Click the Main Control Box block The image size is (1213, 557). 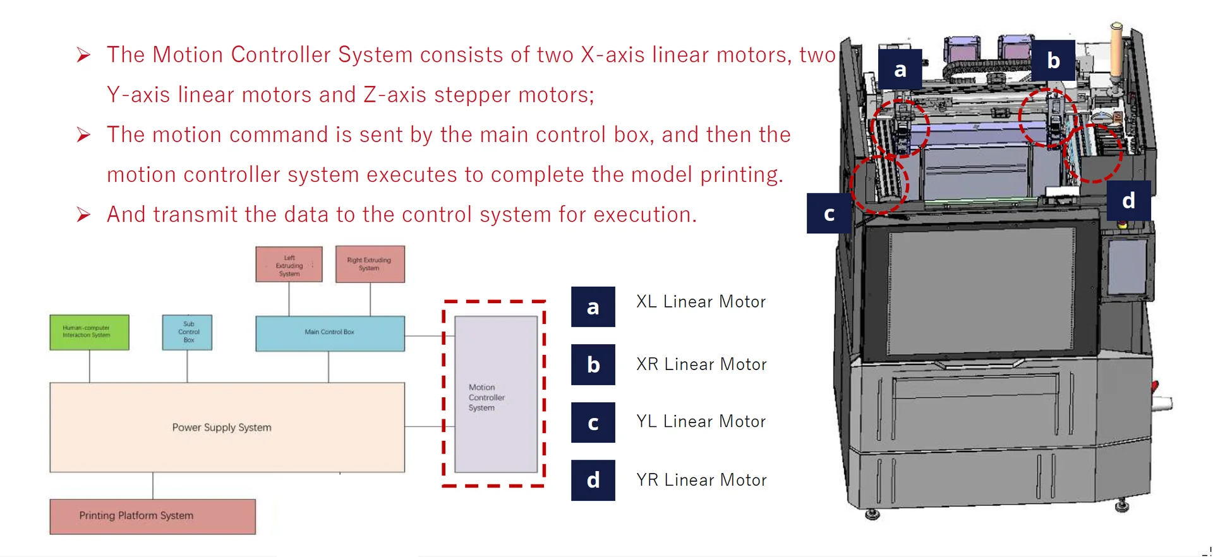point(330,333)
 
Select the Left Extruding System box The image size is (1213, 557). point(289,265)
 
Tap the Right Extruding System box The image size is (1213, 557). point(370,264)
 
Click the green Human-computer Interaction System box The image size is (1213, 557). point(89,332)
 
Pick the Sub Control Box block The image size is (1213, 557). point(187,332)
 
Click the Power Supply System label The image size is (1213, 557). point(222,428)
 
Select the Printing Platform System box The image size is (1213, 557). point(152,516)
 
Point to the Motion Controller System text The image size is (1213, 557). point(486,397)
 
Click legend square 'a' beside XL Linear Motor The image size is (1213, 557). point(593,307)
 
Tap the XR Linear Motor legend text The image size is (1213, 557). point(701,364)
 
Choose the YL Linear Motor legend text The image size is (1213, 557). point(701,422)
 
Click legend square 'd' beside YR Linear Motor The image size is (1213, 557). point(593,481)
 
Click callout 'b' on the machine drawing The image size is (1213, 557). point(1053,61)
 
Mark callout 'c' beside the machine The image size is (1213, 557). point(828,213)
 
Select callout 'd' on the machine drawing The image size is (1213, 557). point(1128,201)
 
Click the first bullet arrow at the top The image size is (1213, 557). point(83,55)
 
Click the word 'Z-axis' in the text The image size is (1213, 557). point(395,95)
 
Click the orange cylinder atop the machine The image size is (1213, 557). point(1116,51)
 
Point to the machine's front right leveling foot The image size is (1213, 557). point(1122,506)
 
